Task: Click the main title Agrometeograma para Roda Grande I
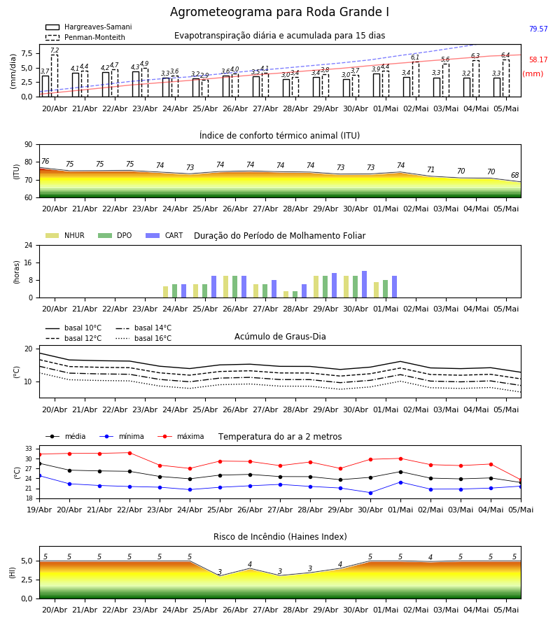pos(279,12)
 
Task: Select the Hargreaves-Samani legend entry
pos(88,27)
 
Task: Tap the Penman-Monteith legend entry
pos(85,37)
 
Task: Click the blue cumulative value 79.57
pos(538,29)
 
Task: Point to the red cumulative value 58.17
pos(538,60)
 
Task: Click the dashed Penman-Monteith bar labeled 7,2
pos(54,76)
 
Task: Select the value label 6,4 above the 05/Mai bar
pos(505,55)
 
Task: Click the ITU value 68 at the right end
pos(515,175)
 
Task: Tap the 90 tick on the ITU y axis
pos(29,145)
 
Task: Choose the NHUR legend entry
pos(65,235)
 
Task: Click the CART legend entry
pos(164,235)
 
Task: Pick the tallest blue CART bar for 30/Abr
pos(365,284)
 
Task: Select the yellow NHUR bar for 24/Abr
pos(165,292)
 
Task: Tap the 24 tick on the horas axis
pos(29,245)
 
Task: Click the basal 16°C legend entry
pos(143,338)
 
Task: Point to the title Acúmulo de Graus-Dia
pos(280,337)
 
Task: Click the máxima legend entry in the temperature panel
pos(181,436)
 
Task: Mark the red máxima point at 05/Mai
pos(521,480)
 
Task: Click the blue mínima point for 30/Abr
pos(370,493)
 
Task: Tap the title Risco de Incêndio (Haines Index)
pos(280,537)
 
